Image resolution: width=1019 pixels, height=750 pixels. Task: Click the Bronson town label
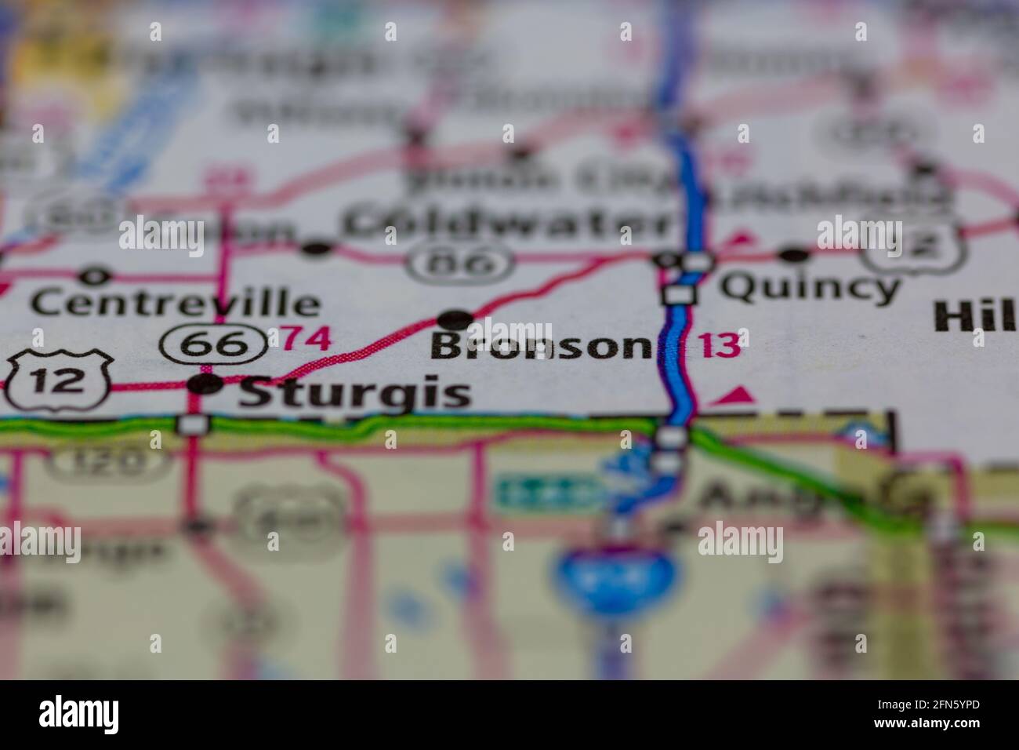coord(541,346)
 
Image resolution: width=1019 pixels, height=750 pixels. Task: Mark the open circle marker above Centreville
coord(95,276)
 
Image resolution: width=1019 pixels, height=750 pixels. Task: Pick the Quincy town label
coord(810,288)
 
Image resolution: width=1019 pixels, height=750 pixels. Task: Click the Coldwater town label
coord(506,223)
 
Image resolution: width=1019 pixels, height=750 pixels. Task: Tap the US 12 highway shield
coord(60,381)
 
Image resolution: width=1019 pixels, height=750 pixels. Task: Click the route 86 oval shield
coord(460,263)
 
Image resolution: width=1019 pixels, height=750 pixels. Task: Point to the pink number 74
coord(306,338)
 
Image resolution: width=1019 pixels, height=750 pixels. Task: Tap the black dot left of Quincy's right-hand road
coord(794,254)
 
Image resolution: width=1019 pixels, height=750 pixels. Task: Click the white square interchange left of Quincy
coord(678,295)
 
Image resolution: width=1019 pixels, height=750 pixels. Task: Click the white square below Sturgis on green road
coord(192,424)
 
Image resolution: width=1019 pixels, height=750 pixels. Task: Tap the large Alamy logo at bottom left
coord(79,714)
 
